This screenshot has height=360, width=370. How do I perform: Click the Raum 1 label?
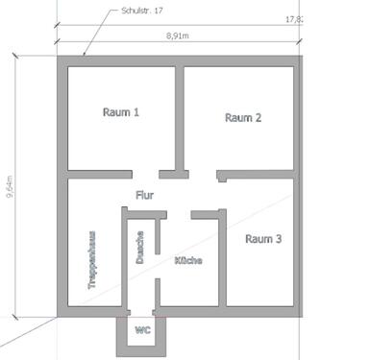(x=121, y=112)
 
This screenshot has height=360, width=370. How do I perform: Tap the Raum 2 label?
(x=243, y=118)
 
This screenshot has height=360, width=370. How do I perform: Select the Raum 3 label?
(x=262, y=239)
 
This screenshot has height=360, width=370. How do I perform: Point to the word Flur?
(x=144, y=195)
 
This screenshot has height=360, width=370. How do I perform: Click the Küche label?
(x=188, y=261)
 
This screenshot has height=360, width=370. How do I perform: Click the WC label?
(x=143, y=330)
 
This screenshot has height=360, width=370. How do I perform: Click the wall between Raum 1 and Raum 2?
(x=179, y=115)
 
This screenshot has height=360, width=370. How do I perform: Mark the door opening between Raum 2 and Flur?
(x=204, y=175)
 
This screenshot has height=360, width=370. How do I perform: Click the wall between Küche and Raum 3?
(x=222, y=264)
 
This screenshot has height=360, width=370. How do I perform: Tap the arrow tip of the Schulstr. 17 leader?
(x=84, y=56)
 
